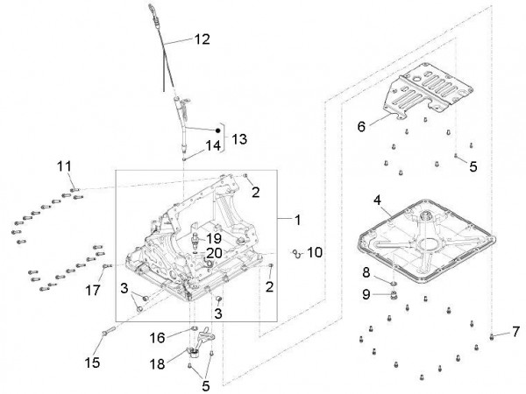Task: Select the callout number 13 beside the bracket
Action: point(238,138)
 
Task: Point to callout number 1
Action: point(297,218)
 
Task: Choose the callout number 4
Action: point(378,201)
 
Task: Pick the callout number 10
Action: point(316,252)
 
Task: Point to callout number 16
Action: point(157,335)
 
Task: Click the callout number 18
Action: point(157,362)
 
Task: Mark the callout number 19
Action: point(213,238)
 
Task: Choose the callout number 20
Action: point(214,254)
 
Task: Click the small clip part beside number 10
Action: point(297,254)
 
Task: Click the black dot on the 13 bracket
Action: point(218,130)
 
